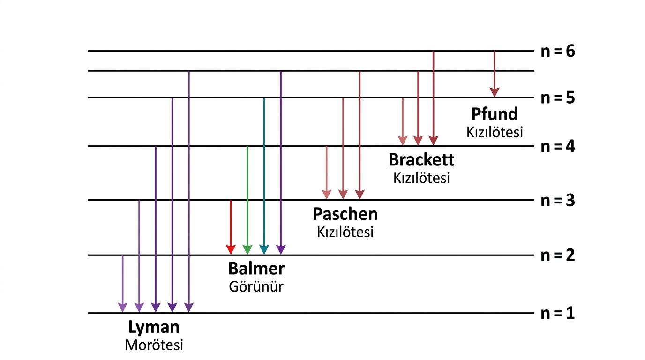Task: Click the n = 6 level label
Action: coord(558,51)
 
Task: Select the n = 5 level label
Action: coord(558,97)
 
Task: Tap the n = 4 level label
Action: coord(558,146)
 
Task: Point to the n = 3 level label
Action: coord(558,200)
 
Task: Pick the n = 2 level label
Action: coord(558,255)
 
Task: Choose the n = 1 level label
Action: coord(558,313)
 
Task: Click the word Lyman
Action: coord(154,328)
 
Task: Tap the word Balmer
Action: coord(256,269)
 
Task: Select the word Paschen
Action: coord(345,214)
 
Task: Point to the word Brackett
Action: coord(421,159)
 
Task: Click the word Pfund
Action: coord(495,114)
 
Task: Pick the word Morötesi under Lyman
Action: coord(154,345)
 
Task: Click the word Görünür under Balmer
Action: coord(256,286)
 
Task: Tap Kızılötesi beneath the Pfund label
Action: coord(495,132)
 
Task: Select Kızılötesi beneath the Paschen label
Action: coord(345,232)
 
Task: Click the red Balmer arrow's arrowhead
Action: coord(231,249)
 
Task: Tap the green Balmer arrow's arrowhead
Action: coord(247,249)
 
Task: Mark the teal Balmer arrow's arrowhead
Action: coord(264,249)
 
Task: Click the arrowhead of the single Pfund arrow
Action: coord(495,92)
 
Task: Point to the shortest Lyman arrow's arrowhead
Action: coord(123,307)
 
